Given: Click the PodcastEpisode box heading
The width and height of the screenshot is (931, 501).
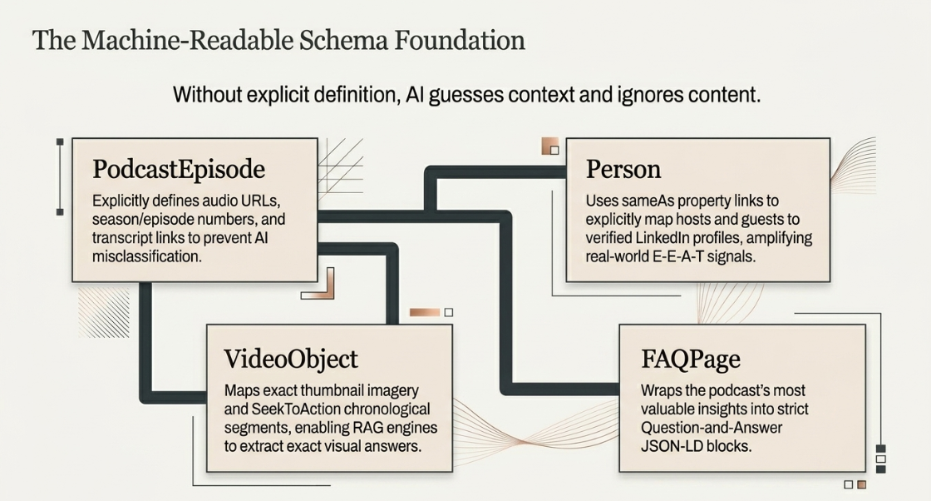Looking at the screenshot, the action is [179, 170].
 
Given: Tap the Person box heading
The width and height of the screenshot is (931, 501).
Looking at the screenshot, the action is [623, 170].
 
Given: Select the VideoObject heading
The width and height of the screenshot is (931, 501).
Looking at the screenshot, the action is [291, 359].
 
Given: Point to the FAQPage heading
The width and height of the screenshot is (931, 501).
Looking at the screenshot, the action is [691, 359].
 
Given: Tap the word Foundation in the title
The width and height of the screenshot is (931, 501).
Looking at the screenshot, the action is [460, 41].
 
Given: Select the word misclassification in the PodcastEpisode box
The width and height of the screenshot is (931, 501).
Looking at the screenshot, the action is [146, 256].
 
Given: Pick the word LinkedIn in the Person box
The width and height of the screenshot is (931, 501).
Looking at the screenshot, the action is [666, 238].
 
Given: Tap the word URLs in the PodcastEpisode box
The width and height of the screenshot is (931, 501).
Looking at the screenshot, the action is [263, 201].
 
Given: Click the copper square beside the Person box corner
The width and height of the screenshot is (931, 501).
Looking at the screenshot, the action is [550, 146].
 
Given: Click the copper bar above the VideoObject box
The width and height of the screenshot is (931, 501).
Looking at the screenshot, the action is [425, 313].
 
